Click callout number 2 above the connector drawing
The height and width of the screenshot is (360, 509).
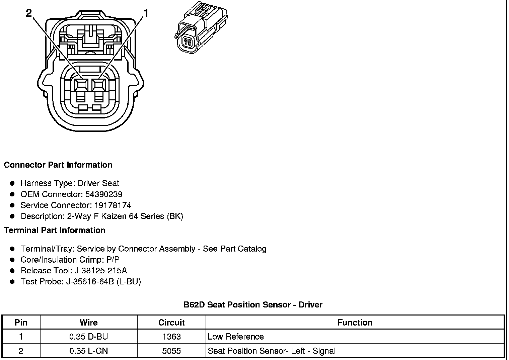(x=29, y=13)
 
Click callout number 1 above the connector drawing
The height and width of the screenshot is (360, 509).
(x=146, y=13)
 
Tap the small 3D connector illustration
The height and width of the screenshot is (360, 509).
(x=201, y=29)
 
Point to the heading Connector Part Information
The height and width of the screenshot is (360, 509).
(x=58, y=165)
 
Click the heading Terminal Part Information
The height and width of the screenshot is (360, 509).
(x=55, y=231)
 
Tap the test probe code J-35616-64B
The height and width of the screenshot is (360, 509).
(x=89, y=282)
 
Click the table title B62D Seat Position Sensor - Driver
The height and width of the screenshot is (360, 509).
(x=253, y=305)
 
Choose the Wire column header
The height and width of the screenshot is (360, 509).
(x=88, y=323)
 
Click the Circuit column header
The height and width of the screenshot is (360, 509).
(x=171, y=323)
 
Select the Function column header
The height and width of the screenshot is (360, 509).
(x=355, y=323)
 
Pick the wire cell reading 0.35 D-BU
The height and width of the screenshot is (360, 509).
(x=88, y=337)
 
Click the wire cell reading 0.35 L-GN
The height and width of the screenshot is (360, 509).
(x=88, y=351)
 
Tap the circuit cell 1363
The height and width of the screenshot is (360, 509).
(x=171, y=337)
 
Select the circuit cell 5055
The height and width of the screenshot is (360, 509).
(x=171, y=351)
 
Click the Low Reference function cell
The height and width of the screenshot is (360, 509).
(x=236, y=337)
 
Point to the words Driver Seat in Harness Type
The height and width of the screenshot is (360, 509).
(x=98, y=183)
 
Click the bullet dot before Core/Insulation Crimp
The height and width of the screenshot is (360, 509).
(x=12, y=260)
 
